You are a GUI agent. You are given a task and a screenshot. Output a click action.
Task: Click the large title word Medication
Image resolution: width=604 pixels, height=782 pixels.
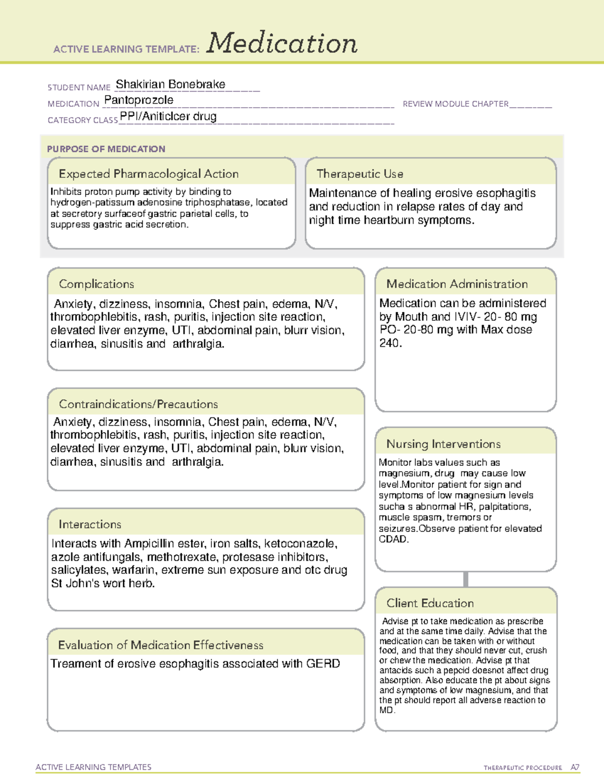(282, 43)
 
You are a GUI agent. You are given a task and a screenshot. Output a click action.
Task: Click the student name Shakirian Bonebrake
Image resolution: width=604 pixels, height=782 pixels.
(170, 85)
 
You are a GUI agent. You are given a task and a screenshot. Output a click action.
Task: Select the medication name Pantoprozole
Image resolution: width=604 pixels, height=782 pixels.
(139, 100)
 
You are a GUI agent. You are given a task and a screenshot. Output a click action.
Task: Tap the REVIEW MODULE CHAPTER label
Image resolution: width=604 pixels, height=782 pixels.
(456, 104)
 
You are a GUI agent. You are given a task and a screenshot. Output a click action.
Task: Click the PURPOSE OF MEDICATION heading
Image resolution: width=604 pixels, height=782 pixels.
(106, 149)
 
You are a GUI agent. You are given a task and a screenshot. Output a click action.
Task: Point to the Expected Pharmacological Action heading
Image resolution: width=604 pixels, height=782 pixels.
(148, 174)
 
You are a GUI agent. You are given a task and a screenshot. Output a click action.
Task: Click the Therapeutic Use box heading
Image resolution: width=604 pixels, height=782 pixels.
(359, 174)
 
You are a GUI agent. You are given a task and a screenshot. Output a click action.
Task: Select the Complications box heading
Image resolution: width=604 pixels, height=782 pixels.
(97, 284)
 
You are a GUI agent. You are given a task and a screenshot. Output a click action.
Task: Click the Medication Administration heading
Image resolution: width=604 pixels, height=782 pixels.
(457, 284)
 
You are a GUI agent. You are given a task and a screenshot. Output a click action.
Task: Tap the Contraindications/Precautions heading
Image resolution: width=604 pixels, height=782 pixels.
(138, 404)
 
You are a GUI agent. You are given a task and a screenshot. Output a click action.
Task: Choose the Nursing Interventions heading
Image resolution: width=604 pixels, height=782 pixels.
(443, 444)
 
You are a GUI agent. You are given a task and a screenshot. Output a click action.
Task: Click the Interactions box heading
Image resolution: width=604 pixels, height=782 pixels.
(90, 525)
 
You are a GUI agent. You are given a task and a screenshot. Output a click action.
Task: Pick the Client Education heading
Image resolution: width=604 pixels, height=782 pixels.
(430, 603)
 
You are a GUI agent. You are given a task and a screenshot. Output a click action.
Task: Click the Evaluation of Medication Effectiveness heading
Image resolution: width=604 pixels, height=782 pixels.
(161, 645)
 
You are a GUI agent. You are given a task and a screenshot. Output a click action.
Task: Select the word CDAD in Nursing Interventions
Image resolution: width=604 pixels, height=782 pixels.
(393, 539)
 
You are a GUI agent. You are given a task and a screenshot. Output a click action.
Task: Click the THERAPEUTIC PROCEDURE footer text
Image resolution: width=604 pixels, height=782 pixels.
(522, 768)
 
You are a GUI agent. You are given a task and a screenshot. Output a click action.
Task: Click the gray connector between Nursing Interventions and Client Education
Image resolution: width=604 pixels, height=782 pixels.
(466, 579)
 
